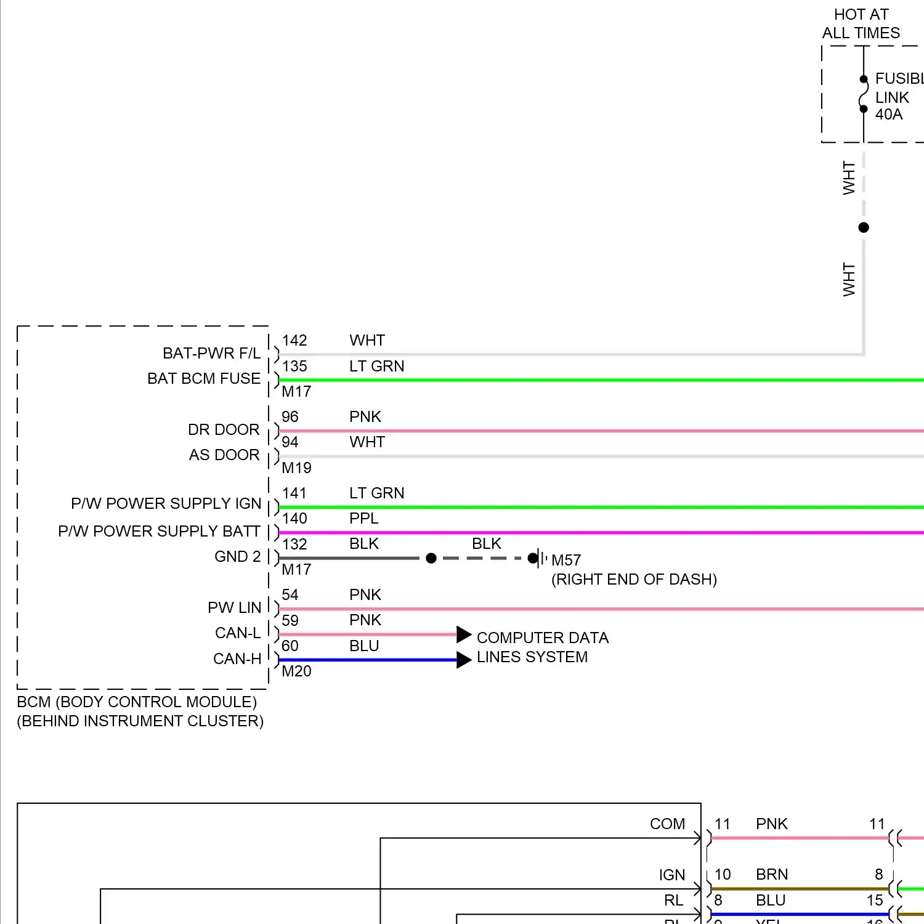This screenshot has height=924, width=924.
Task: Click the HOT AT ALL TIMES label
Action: (x=861, y=23)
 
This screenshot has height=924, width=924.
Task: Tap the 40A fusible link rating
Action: (x=889, y=115)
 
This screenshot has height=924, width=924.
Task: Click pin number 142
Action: (x=294, y=341)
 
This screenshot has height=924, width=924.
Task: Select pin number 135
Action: (x=294, y=367)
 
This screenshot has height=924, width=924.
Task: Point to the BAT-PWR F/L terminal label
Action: (x=211, y=354)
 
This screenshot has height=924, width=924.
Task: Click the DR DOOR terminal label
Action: (x=224, y=429)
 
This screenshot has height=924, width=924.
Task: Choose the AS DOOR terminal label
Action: (x=224, y=455)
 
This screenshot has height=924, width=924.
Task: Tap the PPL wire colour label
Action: (x=363, y=519)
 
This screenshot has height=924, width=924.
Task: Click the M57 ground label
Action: (x=566, y=561)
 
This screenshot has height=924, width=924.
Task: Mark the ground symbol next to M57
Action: (x=540, y=559)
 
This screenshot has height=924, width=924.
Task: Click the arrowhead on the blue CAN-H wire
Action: (x=464, y=660)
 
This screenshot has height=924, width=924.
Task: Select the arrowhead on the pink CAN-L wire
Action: (x=464, y=634)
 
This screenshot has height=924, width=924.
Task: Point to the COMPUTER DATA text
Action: (x=542, y=638)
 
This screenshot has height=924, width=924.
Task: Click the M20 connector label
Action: (x=296, y=671)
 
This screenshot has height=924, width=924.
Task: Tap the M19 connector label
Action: (x=296, y=468)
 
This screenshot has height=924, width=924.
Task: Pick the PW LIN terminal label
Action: (x=235, y=608)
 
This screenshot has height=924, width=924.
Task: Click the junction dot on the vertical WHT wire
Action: (x=864, y=228)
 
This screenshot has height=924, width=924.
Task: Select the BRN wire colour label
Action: (x=772, y=875)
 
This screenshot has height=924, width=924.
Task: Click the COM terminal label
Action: (x=667, y=824)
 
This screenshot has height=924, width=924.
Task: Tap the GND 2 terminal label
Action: (x=237, y=557)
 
